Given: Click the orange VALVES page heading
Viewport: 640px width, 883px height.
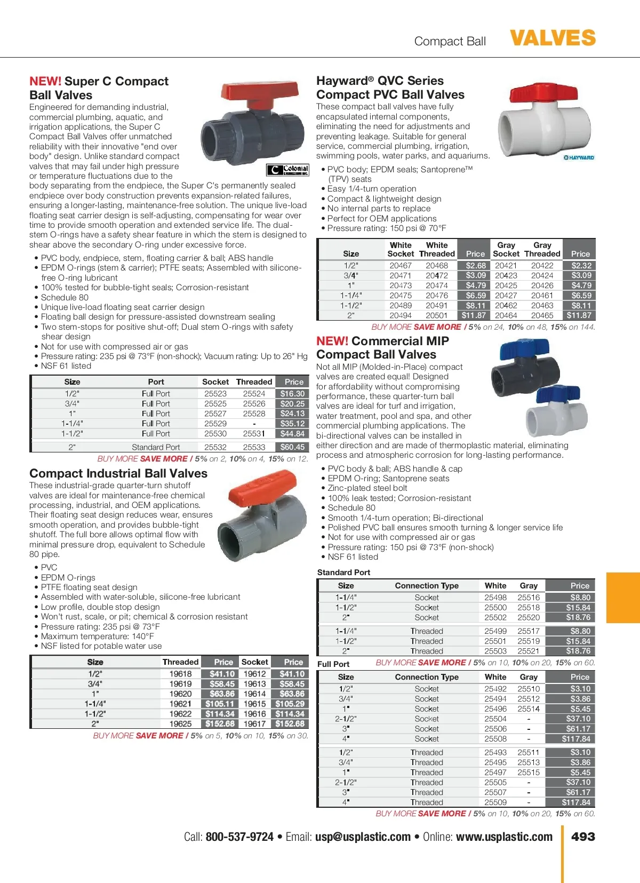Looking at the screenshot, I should tap(553, 38).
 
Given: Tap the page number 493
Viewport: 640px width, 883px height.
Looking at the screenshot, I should tap(583, 837).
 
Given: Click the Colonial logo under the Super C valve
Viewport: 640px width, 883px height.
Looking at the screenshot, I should tap(288, 170).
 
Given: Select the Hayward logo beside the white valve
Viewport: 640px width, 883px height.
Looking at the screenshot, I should tap(579, 158).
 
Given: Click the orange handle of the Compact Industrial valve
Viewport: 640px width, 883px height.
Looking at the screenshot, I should tap(261, 487).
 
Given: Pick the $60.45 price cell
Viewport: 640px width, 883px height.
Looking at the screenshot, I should tap(292, 447).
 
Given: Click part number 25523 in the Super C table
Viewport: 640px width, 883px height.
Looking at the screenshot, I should tap(215, 394).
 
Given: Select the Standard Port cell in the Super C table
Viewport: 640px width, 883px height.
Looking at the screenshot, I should tap(156, 447).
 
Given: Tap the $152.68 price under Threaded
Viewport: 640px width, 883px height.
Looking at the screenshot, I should tap(220, 724).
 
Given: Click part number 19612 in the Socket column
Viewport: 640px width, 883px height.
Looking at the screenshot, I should tap(254, 674).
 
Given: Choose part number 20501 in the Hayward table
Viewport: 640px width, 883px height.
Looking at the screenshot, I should tap(437, 315).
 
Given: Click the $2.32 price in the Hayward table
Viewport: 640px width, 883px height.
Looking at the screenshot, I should tap(581, 265).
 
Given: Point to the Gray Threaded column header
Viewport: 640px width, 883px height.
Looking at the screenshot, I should tap(542, 250).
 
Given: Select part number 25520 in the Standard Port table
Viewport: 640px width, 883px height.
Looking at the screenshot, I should tap(529, 617).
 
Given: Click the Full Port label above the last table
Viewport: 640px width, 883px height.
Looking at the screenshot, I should tap(333, 664).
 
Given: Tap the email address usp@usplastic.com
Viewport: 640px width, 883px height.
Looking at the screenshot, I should tap(363, 837).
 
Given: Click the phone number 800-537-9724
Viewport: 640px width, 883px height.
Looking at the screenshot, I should tap(239, 837).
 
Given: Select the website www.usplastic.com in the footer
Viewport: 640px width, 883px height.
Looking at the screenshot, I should tap(504, 837).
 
